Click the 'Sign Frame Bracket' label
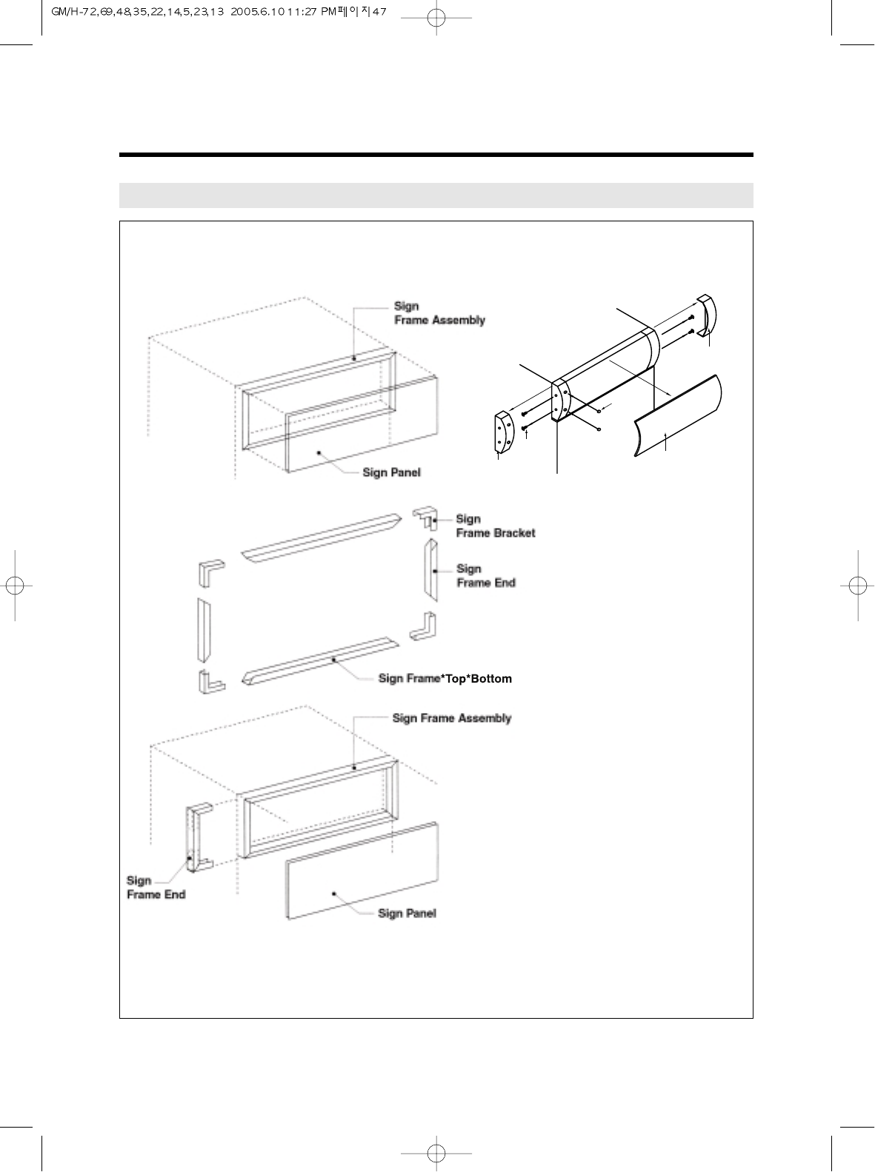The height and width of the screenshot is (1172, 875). (495, 526)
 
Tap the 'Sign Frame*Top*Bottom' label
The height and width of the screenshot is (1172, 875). (445, 679)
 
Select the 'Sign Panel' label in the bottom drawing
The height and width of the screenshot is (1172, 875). (407, 914)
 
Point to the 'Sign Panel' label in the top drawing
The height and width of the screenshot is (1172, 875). (391, 472)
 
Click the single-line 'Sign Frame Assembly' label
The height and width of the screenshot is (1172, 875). (451, 718)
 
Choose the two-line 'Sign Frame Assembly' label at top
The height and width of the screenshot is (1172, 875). (439, 313)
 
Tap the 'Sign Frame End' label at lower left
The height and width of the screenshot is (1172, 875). (156, 887)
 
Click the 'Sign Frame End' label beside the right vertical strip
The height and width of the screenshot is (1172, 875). (485, 576)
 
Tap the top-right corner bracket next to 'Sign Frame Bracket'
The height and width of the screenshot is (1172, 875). (425, 518)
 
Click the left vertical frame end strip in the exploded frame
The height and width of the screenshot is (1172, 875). (204, 629)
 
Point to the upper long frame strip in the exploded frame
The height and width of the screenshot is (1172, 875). (322, 537)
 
